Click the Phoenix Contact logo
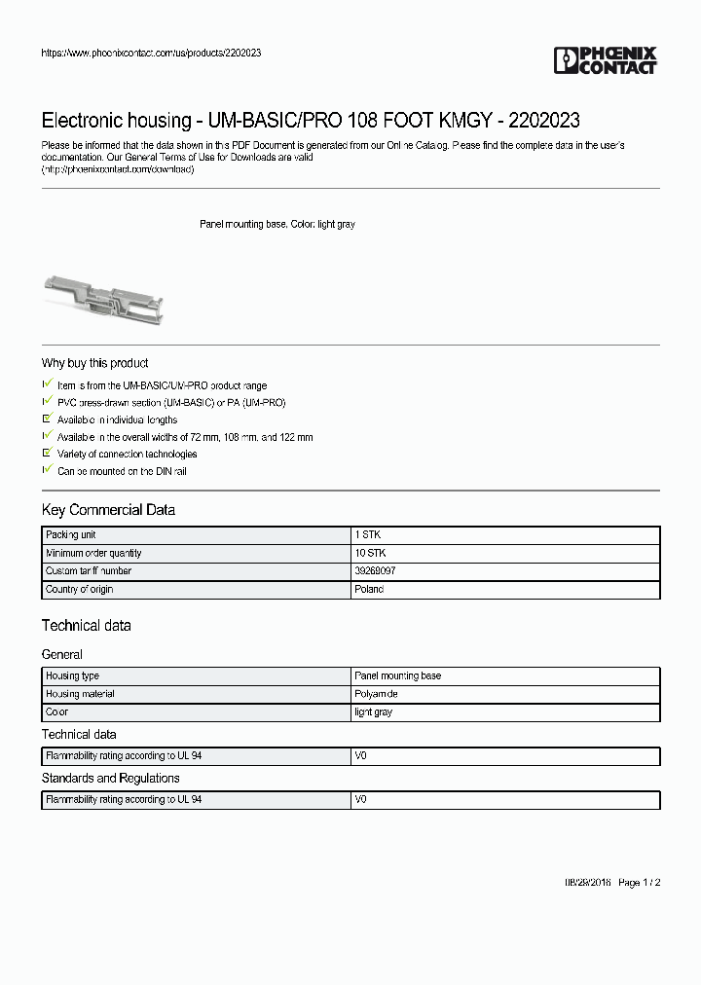coord(605,60)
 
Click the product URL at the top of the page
coord(151,53)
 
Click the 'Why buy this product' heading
coord(94,363)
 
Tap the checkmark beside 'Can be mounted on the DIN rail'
coord(47,470)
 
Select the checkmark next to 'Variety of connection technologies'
coord(47,454)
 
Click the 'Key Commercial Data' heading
coord(108,510)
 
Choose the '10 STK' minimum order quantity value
coord(370,553)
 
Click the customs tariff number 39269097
coord(375,571)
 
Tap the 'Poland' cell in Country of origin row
coord(369,590)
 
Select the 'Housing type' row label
coord(72,675)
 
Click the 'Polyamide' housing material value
coord(376,694)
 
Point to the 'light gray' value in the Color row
coord(373,712)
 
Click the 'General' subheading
coord(61,655)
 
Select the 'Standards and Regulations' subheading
coord(110,779)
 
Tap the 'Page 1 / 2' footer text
coord(640,882)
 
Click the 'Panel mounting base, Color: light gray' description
coord(277,224)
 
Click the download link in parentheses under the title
coord(118,169)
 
